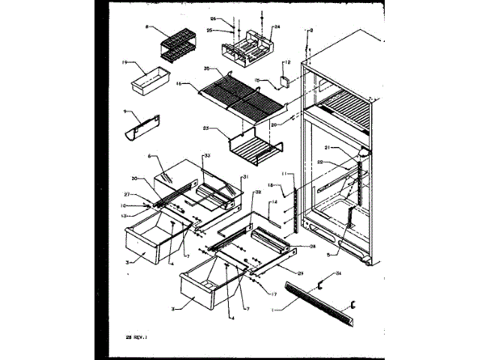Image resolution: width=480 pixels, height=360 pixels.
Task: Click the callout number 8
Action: tap(148, 27)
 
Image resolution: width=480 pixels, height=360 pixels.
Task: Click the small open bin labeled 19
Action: tap(150, 81)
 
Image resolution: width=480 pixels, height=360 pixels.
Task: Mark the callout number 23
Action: tap(205, 128)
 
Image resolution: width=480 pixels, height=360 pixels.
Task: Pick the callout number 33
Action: tap(206, 154)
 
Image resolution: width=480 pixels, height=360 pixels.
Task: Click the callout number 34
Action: tap(338, 272)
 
